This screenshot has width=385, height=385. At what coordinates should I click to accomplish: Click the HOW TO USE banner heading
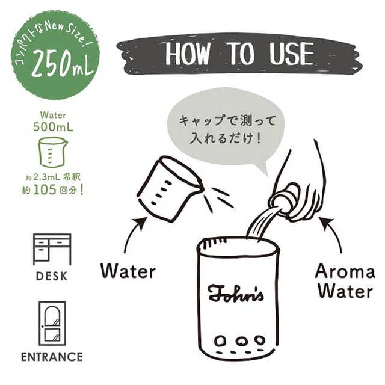pyautogui.click(x=239, y=54)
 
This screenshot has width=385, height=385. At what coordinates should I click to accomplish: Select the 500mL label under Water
pyautogui.click(x=53, y=127)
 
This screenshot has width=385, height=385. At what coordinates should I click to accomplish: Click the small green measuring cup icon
pyautogui.click(x=53, y=152)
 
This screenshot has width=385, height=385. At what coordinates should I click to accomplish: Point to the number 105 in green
pyautogui.click(x=45, y=190)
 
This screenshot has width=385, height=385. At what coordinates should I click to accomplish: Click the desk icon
pyautogui.click(x=52, y=249)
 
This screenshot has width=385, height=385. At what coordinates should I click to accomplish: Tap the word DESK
pyautogui.click(x=52, y=276)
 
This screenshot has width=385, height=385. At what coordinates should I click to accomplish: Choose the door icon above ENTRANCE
pyautogui.click(x=52, y=323)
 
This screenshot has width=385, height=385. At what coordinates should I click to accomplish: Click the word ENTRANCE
pyautogui.click(x=52, y=357)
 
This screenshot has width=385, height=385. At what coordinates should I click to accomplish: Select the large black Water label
pyautogui.click(x=128, y=271)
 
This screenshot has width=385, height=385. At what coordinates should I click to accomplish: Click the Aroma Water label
pyautogui.click(x=345, y=282)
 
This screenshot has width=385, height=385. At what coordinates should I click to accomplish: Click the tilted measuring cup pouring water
pyautogui.click(x=170, y=188)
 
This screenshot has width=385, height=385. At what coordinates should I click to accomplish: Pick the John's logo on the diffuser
pyautogui.click(x=236, y=293)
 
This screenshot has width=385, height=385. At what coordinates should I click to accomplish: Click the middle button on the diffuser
pyautogui.click(x=241, y=341)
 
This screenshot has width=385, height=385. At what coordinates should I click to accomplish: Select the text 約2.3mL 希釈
pyautogui.click(x=54, y=177)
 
